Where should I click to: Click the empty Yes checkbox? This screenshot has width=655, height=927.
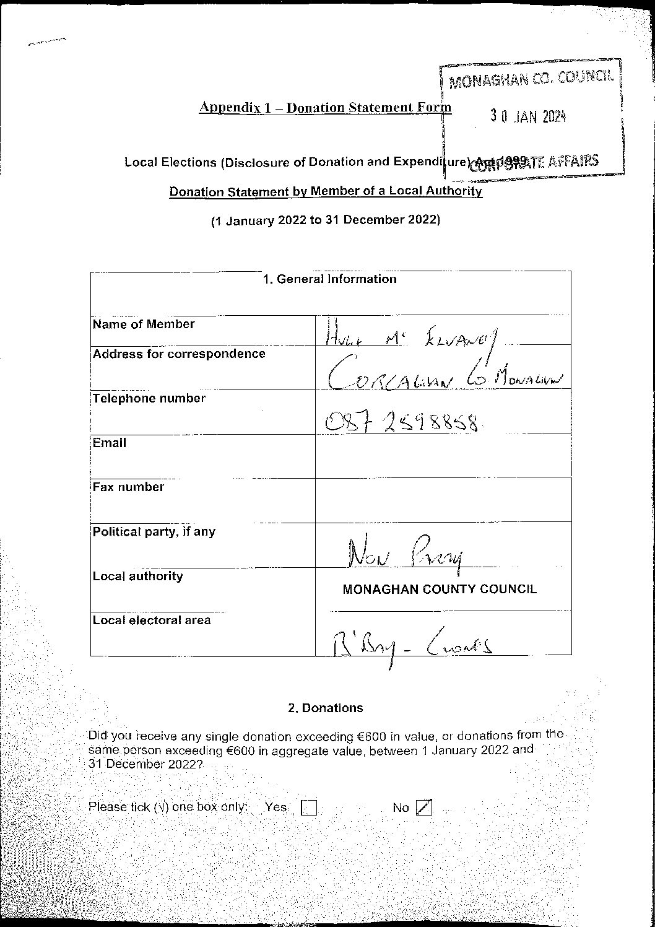pyautogui.click(x=308, y=808)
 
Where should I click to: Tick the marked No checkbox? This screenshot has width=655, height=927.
pyautogui.click(x=424, y=807)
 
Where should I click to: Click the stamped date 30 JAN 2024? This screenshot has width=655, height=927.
pyautogui.click(x=528, y=116)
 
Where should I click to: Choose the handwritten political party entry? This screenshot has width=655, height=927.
pyautogui.click(x=406, y=553)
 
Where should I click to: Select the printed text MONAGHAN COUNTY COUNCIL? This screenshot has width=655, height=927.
pyautogui.click(x=440, y=590)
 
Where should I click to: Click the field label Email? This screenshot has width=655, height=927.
pyautogui.click(x=110, y=443)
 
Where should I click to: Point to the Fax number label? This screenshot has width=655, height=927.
pyautogui.click(x=129, y=487)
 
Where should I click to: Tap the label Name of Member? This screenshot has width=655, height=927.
pyautogui.click(x=144, y=324)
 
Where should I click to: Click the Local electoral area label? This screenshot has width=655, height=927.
pyautogui.click(x=152, y=620)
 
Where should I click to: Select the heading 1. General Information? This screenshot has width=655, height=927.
pyautogui.click(x=329, y=279)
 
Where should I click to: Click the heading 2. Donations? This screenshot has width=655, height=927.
pyautogui.click(x=326, y=708)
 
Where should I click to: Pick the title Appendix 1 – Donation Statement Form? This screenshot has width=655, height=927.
pyautogui.click(x=325, y=107)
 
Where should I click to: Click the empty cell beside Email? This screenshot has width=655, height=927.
pyautogui.click(x=443, y=455)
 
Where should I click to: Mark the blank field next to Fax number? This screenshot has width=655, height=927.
pyautogui.click(x=443, y=499)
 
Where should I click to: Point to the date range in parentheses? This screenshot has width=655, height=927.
pyautogui.click(x=326, y=220)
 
